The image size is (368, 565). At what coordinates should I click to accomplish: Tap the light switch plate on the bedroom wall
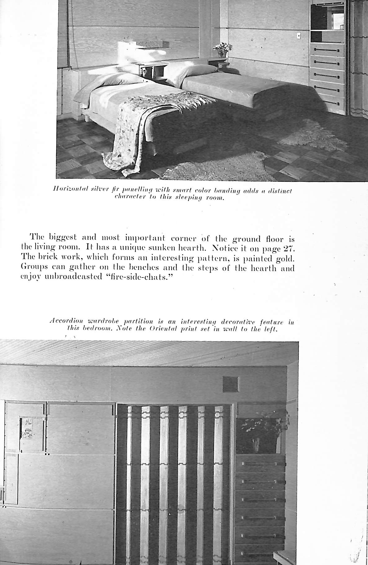click(x=298, y=36)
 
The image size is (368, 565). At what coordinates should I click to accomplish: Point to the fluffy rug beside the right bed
click(x=313, y=135)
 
